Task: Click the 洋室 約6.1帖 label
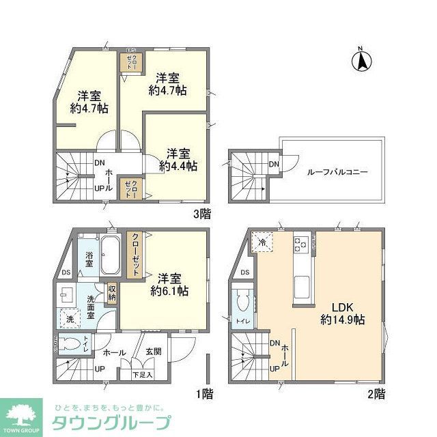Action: [x=169, y=285]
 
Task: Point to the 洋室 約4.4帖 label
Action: [x=178, y=158]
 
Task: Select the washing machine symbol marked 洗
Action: [x=70, y=318]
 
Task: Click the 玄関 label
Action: [x=153, y=352]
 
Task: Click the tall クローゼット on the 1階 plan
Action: [x=136, y=255]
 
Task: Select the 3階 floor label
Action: [x=202, y=213]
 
